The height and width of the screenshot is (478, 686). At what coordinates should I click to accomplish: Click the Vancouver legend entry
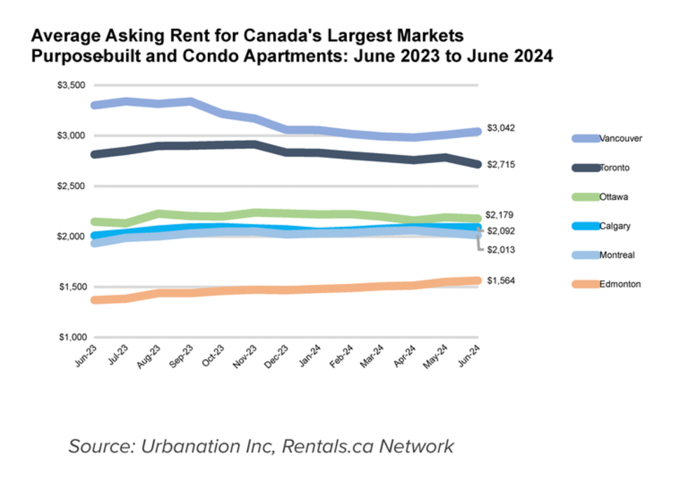click(620, 139)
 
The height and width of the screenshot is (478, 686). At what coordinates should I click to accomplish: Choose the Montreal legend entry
click(617, 255)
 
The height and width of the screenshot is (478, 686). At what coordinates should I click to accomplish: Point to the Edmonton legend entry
click(619, 284)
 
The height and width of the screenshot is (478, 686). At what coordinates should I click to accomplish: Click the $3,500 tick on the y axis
click(70, 85)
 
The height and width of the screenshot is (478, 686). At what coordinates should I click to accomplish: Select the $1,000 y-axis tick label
click(70, 337)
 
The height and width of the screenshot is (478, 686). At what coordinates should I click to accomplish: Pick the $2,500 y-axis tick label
click(70, 186)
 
